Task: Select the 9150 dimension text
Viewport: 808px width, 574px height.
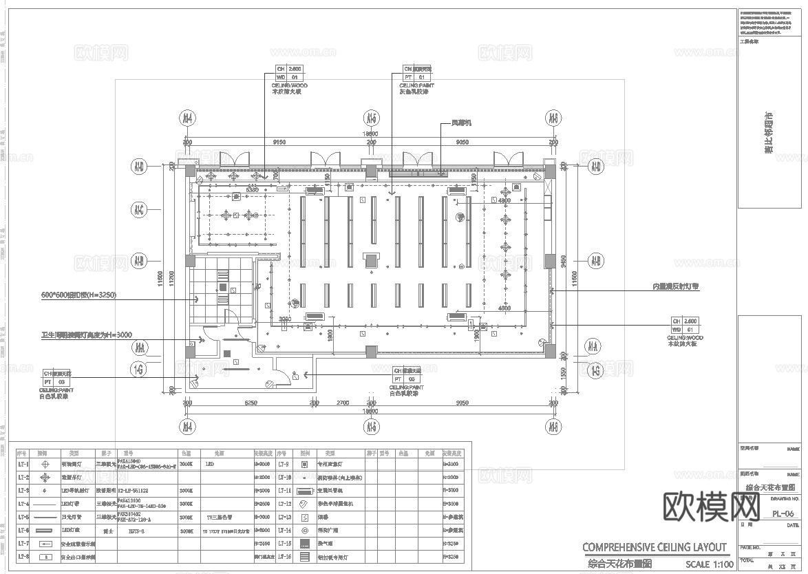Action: (x=279, y=142)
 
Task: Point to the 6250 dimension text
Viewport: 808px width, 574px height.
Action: (x=251, y=403)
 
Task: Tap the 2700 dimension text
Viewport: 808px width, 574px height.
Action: (x=342, y=403)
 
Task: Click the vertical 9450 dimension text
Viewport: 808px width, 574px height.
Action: (x=564, y=262)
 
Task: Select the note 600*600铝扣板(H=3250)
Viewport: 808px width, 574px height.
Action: (x=78, y=295)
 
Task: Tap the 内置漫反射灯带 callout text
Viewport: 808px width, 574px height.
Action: (x=676, y=286)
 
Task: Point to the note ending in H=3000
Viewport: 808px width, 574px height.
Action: (x=86, y=335)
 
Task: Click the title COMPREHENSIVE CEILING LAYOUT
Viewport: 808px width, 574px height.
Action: (x=655, y=547)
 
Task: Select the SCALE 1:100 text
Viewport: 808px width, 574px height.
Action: (x=710, y=564)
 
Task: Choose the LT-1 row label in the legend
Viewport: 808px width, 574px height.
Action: (x=23, y=465)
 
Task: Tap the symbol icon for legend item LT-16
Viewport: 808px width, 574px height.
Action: (x=305, y=556)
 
